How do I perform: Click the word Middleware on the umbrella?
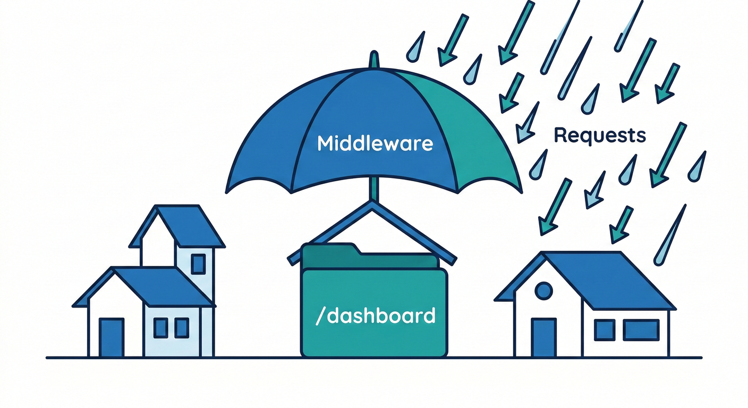click(x=375, y=143)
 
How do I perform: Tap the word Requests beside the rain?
click(x=600, y=135)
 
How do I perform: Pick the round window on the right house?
click(x=543, y=290)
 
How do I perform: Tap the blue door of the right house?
click(x=543, y=337)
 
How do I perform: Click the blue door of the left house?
click(x=112, y=337)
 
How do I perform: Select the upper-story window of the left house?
click(x=198, y=263)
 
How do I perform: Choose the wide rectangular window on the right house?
click(x=641, y=330)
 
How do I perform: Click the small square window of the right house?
click(x=604, y=330)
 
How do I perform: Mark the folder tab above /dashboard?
click(x=329, y=250)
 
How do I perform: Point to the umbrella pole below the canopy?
click(x=375, y=189)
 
